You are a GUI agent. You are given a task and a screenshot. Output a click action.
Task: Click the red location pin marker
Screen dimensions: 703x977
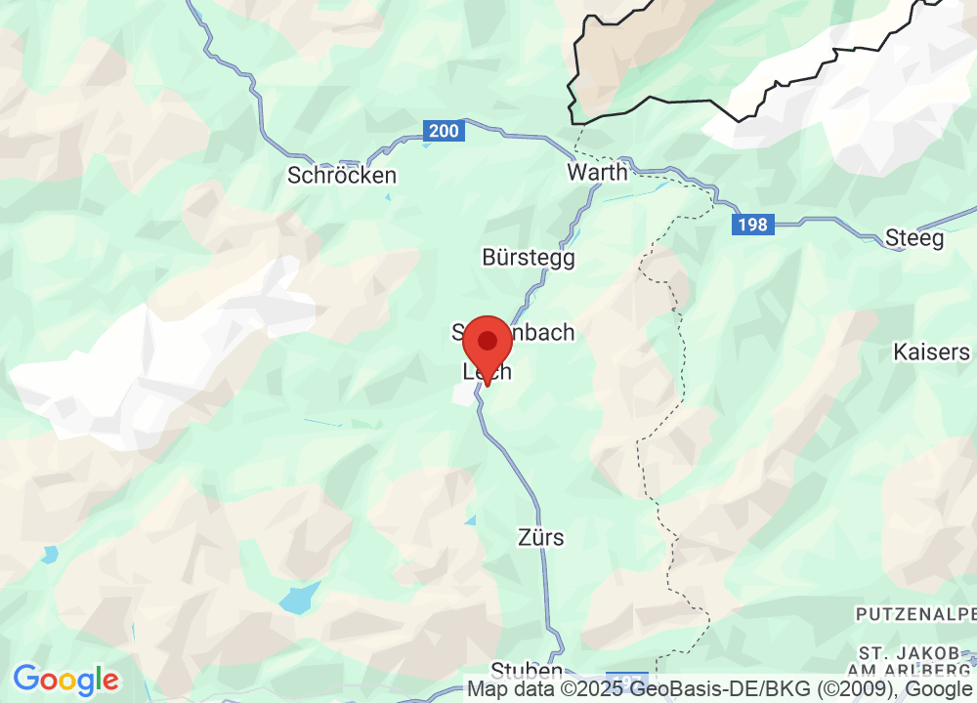[487, 347]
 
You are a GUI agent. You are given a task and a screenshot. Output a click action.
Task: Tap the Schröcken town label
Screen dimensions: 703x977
[342, 176]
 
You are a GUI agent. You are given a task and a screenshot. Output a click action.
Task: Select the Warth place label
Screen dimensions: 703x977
[597, 173]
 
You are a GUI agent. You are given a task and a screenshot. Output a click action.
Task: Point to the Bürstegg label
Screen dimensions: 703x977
[529, 258]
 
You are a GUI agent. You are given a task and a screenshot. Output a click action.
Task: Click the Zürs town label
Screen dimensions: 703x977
[542, 538]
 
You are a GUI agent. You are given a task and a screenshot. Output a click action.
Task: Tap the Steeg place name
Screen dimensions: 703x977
[914, 238]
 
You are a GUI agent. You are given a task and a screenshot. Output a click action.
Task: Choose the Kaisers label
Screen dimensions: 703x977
[932, 352]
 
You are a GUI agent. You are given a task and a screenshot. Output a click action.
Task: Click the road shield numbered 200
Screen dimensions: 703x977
[444, 130]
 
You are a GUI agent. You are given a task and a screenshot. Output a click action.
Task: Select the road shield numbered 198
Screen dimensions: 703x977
[753, 226]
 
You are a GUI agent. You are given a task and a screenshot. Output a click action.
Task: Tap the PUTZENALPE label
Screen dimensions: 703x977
[915, 614]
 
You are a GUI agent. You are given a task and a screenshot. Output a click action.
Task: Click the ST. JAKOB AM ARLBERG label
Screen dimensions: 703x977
[916, 660]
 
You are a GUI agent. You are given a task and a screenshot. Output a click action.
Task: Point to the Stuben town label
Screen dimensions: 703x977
[527, 672]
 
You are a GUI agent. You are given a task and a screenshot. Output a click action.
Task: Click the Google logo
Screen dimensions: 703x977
[65, 679]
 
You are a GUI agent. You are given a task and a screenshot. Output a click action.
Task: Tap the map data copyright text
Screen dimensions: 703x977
[721, 689]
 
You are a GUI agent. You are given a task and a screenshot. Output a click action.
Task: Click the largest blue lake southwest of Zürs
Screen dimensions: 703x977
[300, 597]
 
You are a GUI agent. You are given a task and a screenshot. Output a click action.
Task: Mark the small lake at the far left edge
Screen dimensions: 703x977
[49, 556]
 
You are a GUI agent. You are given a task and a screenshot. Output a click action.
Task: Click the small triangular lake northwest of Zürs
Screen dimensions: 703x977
[470, 521]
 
